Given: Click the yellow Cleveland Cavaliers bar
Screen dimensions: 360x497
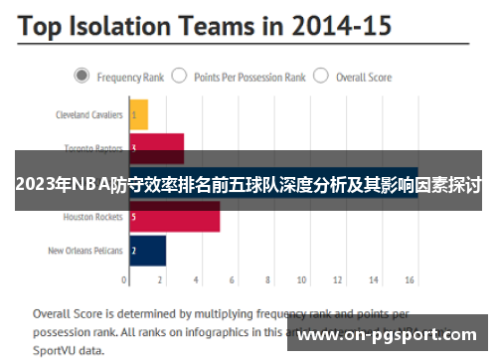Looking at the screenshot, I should [138, 114].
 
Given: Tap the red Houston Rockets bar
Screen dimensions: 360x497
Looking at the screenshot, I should [174, 216].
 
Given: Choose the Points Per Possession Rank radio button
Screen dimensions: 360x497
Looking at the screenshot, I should [180, 76].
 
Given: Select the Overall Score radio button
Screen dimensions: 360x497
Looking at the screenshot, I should [321, 76].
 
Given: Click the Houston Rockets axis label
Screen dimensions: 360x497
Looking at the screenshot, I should [92, 216].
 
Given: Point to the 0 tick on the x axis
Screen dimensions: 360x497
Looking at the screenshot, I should [129, 281].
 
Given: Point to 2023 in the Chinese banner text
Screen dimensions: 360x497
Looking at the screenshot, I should [35, 185].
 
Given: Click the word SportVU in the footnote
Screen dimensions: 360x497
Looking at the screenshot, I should [55, 351].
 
